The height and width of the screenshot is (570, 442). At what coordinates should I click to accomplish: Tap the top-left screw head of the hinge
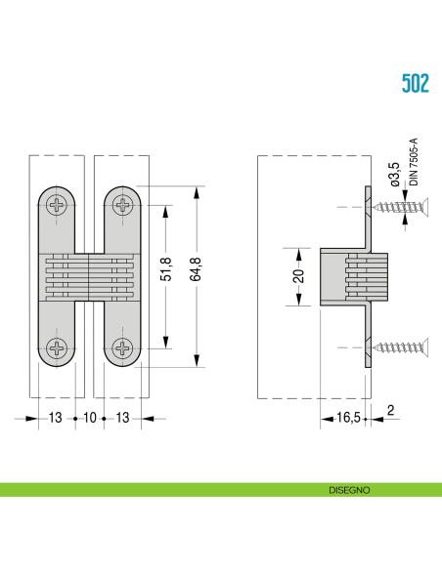[60, 205]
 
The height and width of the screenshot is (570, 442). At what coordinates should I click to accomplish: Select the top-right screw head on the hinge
[123, 205]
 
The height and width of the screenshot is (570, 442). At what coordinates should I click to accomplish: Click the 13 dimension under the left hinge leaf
[54, 419]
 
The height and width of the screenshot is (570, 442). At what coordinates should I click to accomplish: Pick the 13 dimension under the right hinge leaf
[124, 419]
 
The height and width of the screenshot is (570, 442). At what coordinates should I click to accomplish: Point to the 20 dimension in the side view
[299, 276]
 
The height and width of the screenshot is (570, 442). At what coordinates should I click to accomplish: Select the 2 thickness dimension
[389, 412]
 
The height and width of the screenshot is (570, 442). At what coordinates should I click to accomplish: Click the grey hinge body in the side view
[352, 276]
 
